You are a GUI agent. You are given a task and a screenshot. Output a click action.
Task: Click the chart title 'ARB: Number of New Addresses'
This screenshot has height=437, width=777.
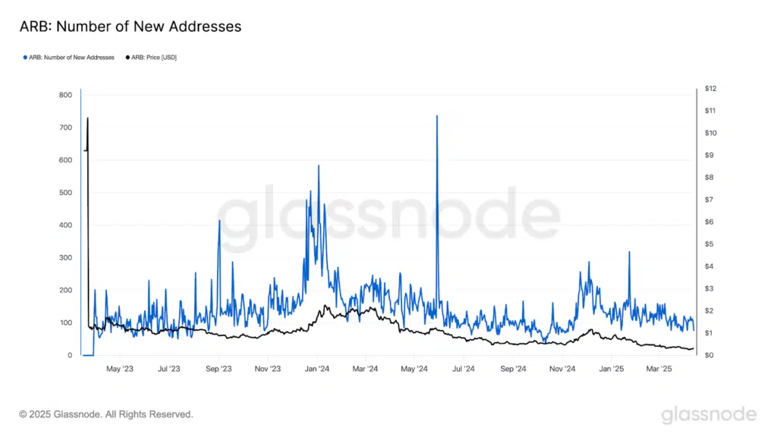tap(130, 27)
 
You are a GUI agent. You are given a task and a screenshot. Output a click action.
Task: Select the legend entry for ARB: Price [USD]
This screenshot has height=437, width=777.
tap(151, 57)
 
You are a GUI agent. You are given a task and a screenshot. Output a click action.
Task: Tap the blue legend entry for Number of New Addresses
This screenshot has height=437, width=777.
tap(69, 57)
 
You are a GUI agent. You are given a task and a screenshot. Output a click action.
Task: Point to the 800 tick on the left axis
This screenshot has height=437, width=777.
tap(65, 95)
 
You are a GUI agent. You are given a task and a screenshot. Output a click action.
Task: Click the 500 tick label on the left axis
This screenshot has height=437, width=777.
tap(65, 193)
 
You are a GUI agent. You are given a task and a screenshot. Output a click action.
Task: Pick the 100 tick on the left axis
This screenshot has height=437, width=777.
tap(65, 323)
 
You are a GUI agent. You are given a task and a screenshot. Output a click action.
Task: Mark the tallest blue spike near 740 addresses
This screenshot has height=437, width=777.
tap(437, 117)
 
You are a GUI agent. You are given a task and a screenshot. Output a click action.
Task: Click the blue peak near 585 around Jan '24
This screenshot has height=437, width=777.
tap(319, 166)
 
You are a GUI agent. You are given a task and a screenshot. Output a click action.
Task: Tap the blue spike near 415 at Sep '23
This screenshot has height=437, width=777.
tap(219, 222)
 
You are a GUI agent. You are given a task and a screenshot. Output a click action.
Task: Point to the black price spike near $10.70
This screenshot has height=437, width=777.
tap(88, 119)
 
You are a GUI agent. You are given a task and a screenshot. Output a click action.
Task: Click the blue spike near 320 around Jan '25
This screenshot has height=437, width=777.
tap(629, 253)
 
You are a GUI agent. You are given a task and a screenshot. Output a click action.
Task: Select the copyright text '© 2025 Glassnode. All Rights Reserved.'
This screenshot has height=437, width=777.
tap(106, 414)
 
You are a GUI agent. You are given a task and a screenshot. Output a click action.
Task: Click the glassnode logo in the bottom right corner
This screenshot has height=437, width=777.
tap(708, 414)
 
